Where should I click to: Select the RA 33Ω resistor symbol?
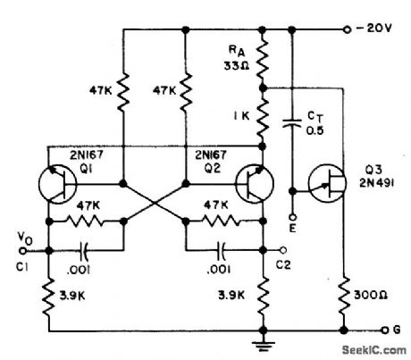tap(261, 59)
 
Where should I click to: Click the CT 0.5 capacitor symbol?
tap(291, 121)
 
